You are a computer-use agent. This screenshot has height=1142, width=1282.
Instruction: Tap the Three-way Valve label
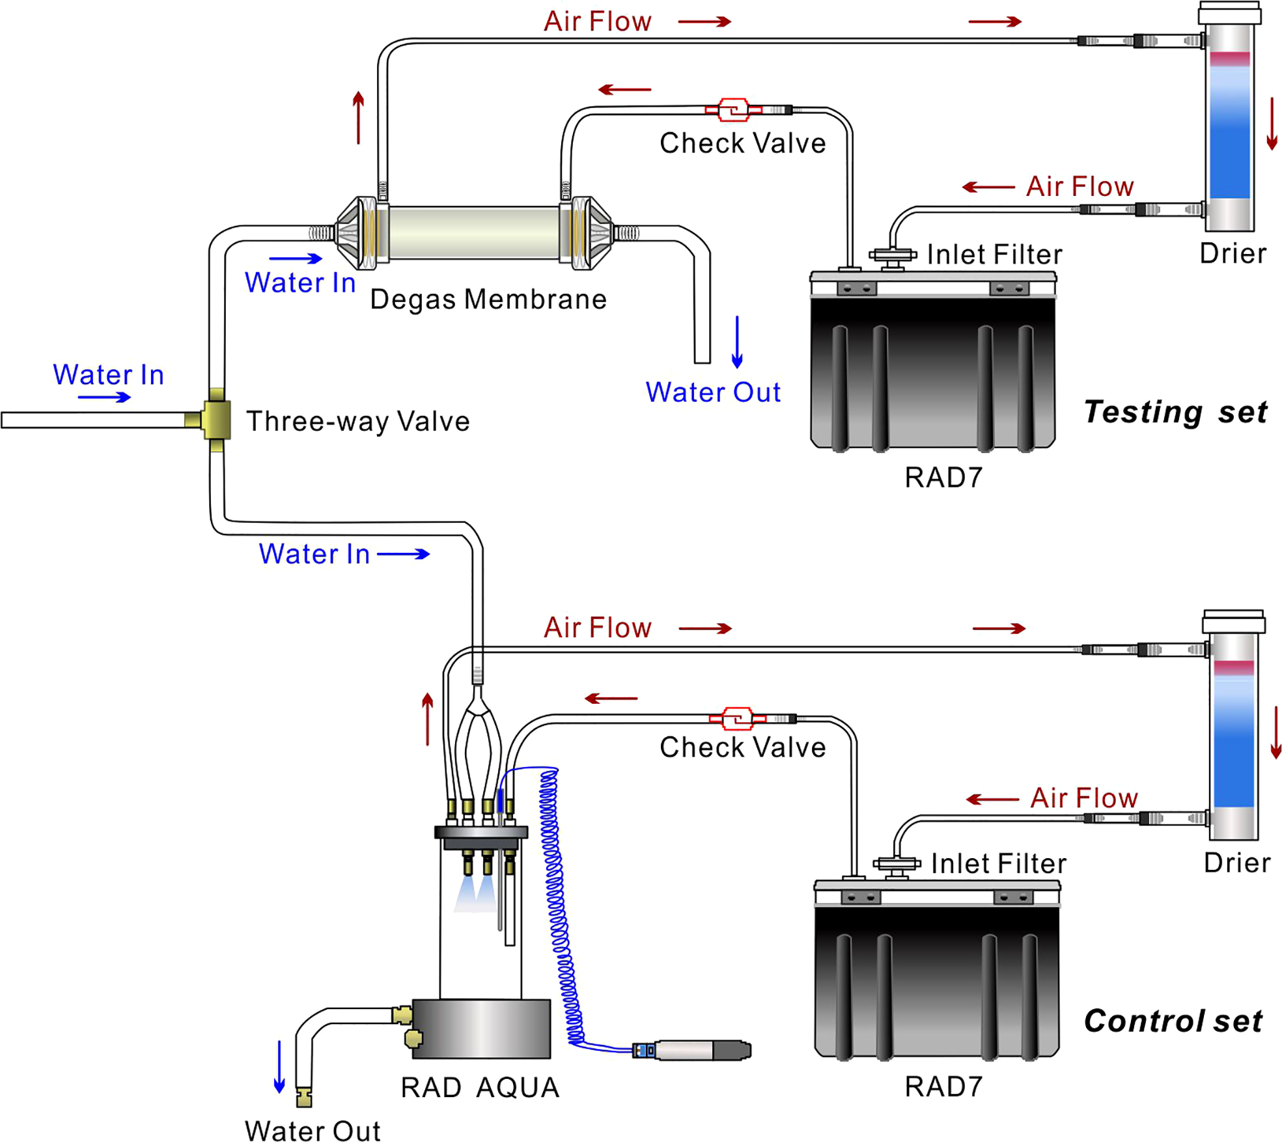click(357, 421)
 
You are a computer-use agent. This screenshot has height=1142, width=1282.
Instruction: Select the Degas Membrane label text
click(488, 299)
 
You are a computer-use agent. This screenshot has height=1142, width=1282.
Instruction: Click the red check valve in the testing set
click(733, 110)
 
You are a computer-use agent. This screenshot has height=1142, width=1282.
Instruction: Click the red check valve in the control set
click(737, 719)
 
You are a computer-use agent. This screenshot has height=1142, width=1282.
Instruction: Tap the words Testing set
click(1175, 412)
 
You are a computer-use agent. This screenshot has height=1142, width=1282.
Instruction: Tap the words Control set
click(1173, 1021)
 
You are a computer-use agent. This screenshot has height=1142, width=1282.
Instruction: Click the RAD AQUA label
click(480, 1087)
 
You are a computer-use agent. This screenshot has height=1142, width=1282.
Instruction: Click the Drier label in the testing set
click(1233, 253)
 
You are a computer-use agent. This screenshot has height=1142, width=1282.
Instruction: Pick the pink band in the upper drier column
click(1229, 59)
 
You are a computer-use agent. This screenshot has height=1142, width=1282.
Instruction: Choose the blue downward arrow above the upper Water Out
click(737, 342)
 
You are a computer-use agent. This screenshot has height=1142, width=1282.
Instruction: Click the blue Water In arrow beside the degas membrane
click(296, 258)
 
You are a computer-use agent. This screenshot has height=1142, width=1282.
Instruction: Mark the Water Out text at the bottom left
click(313, 1131)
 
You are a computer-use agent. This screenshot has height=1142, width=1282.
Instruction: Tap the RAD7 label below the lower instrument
click(943, 1087)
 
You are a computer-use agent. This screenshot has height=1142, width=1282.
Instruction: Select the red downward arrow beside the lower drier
click(1276, 732)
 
